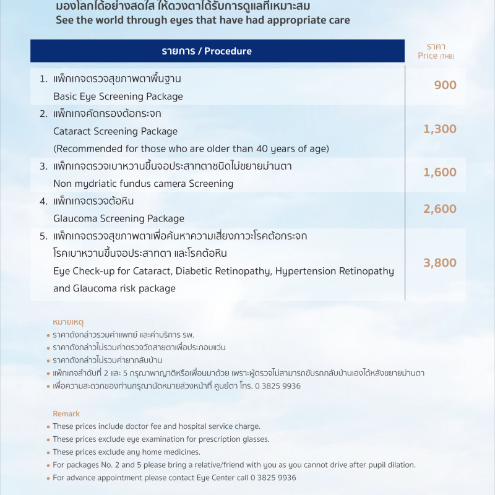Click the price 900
tap(445, 85)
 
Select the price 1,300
tap(440, 129)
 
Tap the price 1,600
tap(440, 173)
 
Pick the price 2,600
tap(440, 209)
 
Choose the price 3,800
tap(440, 263)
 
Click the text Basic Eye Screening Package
tap(118, 97)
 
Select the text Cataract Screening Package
tap(116, 131)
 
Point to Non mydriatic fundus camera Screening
tap(144, 184)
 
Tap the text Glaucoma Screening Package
tap(119, 218)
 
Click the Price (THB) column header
tap(436, 51)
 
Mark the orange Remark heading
tap(66, 413)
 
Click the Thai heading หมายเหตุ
tap(68, 322)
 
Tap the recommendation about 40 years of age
tap(191, 148)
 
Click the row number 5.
tap(43, 236)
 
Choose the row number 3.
tap(43, 166)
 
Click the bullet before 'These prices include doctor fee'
tap(48, 426)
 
